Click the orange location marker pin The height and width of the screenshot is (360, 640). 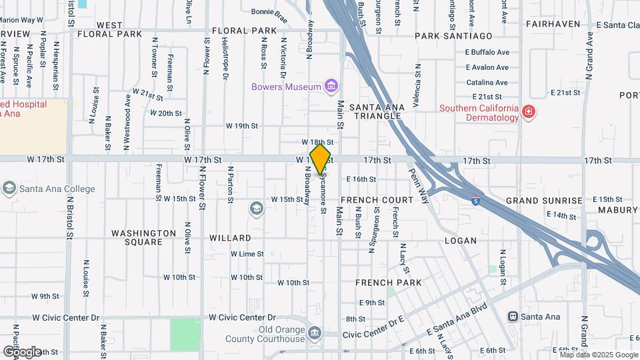[x=321, y=159]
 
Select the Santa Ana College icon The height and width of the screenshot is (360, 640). [x=9, y=189]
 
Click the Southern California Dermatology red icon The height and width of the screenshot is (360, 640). [x=529, y=112]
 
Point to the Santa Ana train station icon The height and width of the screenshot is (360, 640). [x=513, y=317]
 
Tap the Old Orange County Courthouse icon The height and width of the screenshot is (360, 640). [x=315, y=332]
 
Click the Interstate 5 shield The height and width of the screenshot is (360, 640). [x=475, y=199]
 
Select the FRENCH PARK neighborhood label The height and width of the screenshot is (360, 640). [x=388, y=283]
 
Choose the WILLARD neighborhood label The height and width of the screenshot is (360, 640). [x=230, y=238]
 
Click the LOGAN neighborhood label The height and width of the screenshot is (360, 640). [x=460, y=241]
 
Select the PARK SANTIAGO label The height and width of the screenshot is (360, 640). [x=453, y=35]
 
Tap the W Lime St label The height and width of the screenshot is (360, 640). [x=247, y=254]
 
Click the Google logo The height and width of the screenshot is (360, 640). [x=21, y=351]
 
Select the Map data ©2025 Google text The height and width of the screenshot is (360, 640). [x=598, y=355]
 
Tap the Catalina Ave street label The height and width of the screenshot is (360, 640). [x=487, y=83]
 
